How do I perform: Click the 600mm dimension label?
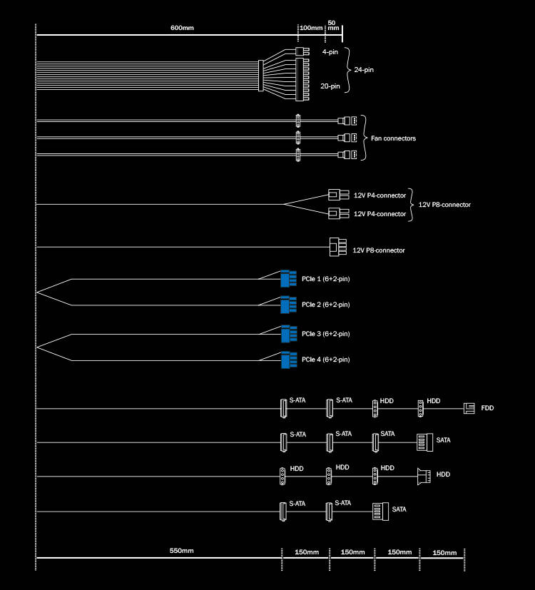pos(182,28)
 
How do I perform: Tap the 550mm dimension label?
pos(181,551)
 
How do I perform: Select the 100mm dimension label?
pos(311,28)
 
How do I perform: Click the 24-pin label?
pos(364,70)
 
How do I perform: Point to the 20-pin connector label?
pos(330,86)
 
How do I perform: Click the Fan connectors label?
pos(393,138)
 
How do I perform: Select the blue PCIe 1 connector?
pos(289,278)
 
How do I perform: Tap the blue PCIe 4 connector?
pos(289,360)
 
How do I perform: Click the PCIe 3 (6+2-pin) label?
pos(326,334)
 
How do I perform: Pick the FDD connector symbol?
pos(469,408)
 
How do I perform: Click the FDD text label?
pos(487,408)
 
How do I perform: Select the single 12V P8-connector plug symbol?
pos(338,247)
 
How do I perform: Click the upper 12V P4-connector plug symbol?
pos(339,195)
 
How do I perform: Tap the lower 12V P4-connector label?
pos(379,214)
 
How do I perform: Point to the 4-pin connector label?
pos(330,52)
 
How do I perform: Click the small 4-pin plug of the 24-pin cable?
pos(302,51)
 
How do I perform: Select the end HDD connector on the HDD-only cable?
pos(424,476)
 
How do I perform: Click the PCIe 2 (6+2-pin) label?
pos(326,305)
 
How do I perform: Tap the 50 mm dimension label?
pos(333,25)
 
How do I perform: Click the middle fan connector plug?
pos(347,138)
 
